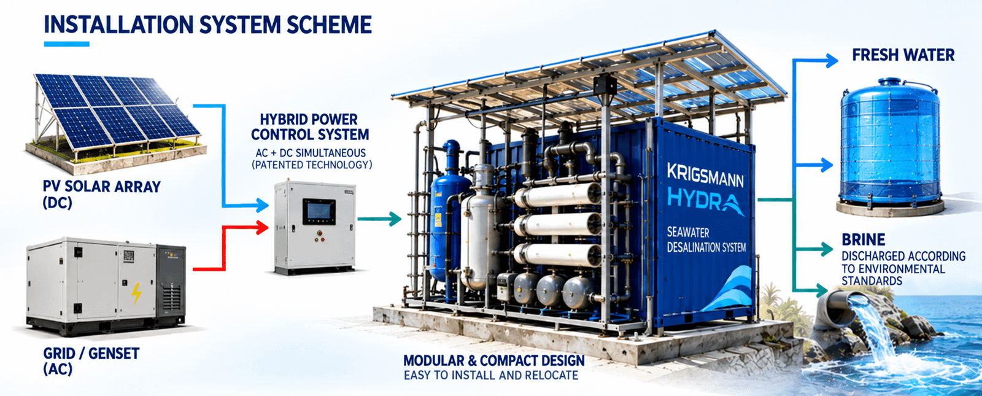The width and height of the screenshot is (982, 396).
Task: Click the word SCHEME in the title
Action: point(330,25)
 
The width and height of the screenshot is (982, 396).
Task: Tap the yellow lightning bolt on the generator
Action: point(137,293)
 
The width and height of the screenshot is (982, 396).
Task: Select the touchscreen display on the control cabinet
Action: point(319,212)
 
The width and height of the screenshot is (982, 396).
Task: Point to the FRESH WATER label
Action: point(903,55)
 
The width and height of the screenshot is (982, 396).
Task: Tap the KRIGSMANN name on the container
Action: point(705,176)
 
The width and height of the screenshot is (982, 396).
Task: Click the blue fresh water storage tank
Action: point(890,145)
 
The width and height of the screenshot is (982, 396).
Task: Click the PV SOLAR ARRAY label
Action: point(102,194)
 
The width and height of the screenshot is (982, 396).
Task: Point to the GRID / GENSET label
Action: point(91,361)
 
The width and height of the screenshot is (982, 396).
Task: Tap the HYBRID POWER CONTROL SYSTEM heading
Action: point(310,127)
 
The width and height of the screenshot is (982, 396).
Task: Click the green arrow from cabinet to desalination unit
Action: point(380,219)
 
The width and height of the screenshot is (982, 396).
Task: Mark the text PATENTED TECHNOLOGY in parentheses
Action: point(312,165)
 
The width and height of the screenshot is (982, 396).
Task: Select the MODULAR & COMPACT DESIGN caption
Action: point(494,360)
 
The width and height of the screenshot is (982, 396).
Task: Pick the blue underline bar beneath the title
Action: point(67,44)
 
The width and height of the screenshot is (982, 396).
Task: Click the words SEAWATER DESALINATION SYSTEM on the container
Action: point(706,240)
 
